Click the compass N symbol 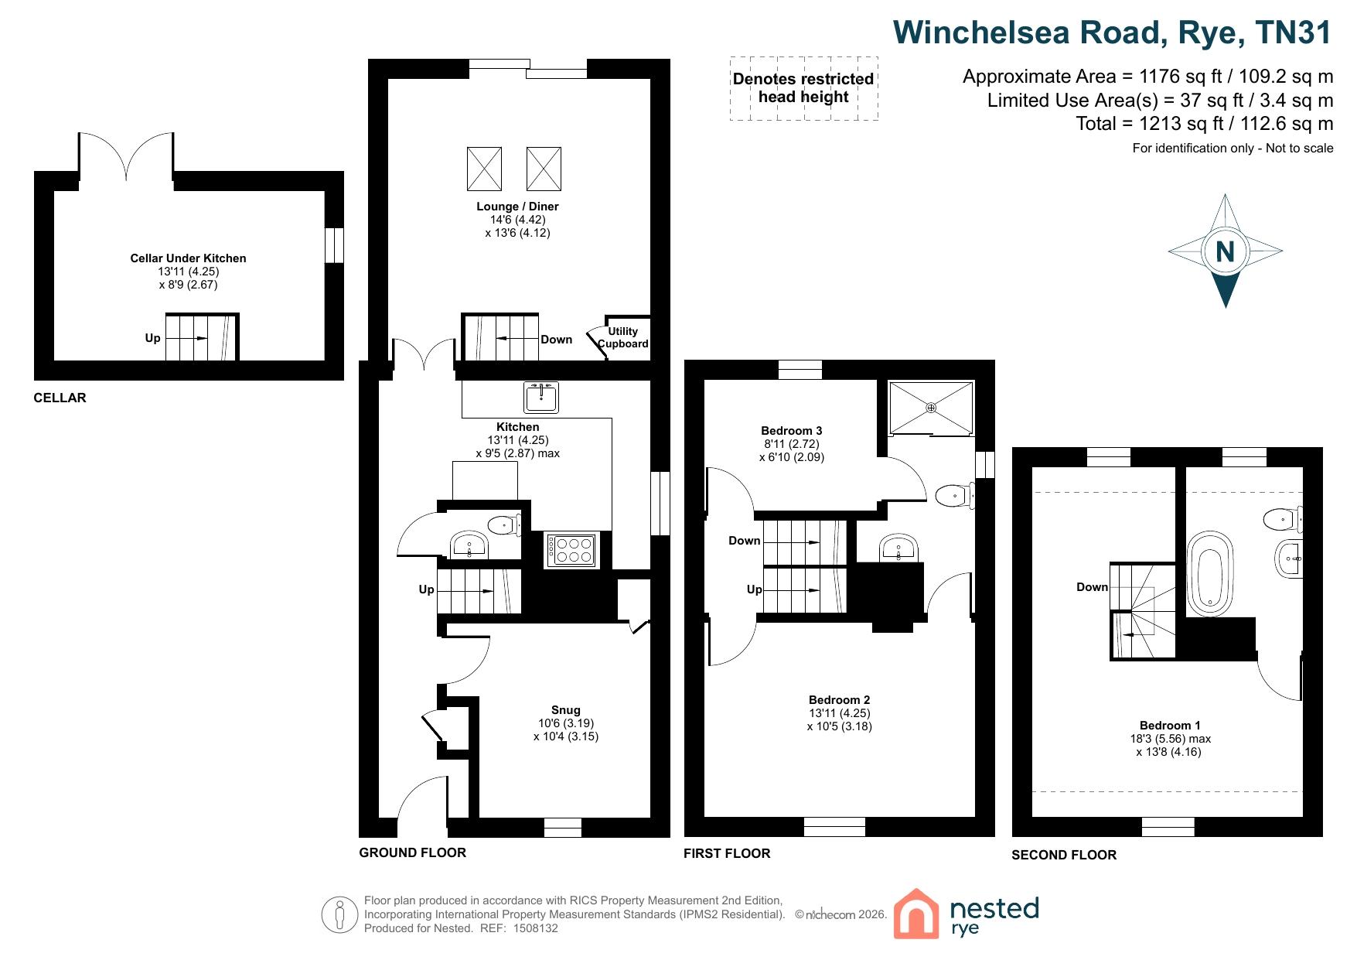pyautogui.click(x=1225, y=251)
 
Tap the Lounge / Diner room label pyautogui.click(x=517, y=207)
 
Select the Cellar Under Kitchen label pyautogui.click(x=188, y=258)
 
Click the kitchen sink pyautogui.click(x=541, y=398)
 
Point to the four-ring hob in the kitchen pyautogui.click(x=571, y=549)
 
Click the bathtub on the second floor pyautogui.click(x=1210, y=573)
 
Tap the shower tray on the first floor pyautogui.click(x=931, y=408)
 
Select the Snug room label pyautogui.click(x=565, y=710)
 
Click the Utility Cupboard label pyautogui.click(x=623, y=337)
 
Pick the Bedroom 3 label pyautogui.click(x=791, y=431)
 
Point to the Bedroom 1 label pyautogui.click(x=1170, y=726)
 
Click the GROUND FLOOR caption pyautogui.click(x=412, y=852)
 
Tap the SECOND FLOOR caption pyautogui.click(x=1064, y=855)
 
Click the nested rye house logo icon pyautogui.click(x=916, y=914)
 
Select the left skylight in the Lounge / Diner pyautogui.click(x=484, y=169)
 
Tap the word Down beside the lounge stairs pyautogui.click(x=556, y=340)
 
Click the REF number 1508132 pyautogui.click(x=534, y=928)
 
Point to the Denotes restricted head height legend pyautogui.click(x=803, y=88)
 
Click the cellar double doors pyautogui.click(x=126, y=157)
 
